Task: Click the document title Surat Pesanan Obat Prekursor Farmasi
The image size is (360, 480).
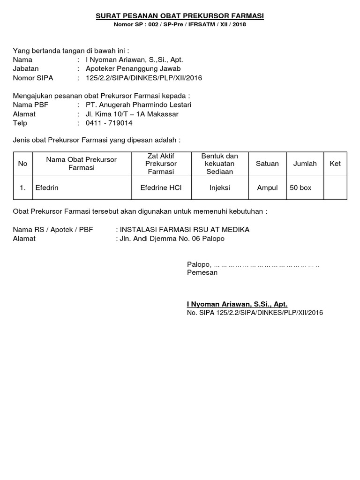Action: coord(180,16)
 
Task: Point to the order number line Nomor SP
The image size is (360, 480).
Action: coord(180,24)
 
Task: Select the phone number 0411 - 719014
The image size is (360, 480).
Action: coord(109,123)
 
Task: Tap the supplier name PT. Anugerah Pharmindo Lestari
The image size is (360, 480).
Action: coord(138,105)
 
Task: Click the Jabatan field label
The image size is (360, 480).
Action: coord(26,68)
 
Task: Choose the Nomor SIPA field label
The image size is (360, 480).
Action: coord(33,78)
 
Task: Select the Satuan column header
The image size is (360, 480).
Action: coord(267,164)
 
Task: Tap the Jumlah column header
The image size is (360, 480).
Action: coord(305,164)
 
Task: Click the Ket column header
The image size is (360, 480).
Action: coord(335,164)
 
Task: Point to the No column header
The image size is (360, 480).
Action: coord(22,164)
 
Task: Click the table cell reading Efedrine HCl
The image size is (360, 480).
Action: coord(161,187)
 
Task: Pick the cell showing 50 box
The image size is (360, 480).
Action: coord(300,187)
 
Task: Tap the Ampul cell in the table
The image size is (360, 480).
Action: coord(267,187)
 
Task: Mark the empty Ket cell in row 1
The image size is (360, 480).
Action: coord(335,187)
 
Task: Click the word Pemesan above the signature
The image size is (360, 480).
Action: coord(202,272)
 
